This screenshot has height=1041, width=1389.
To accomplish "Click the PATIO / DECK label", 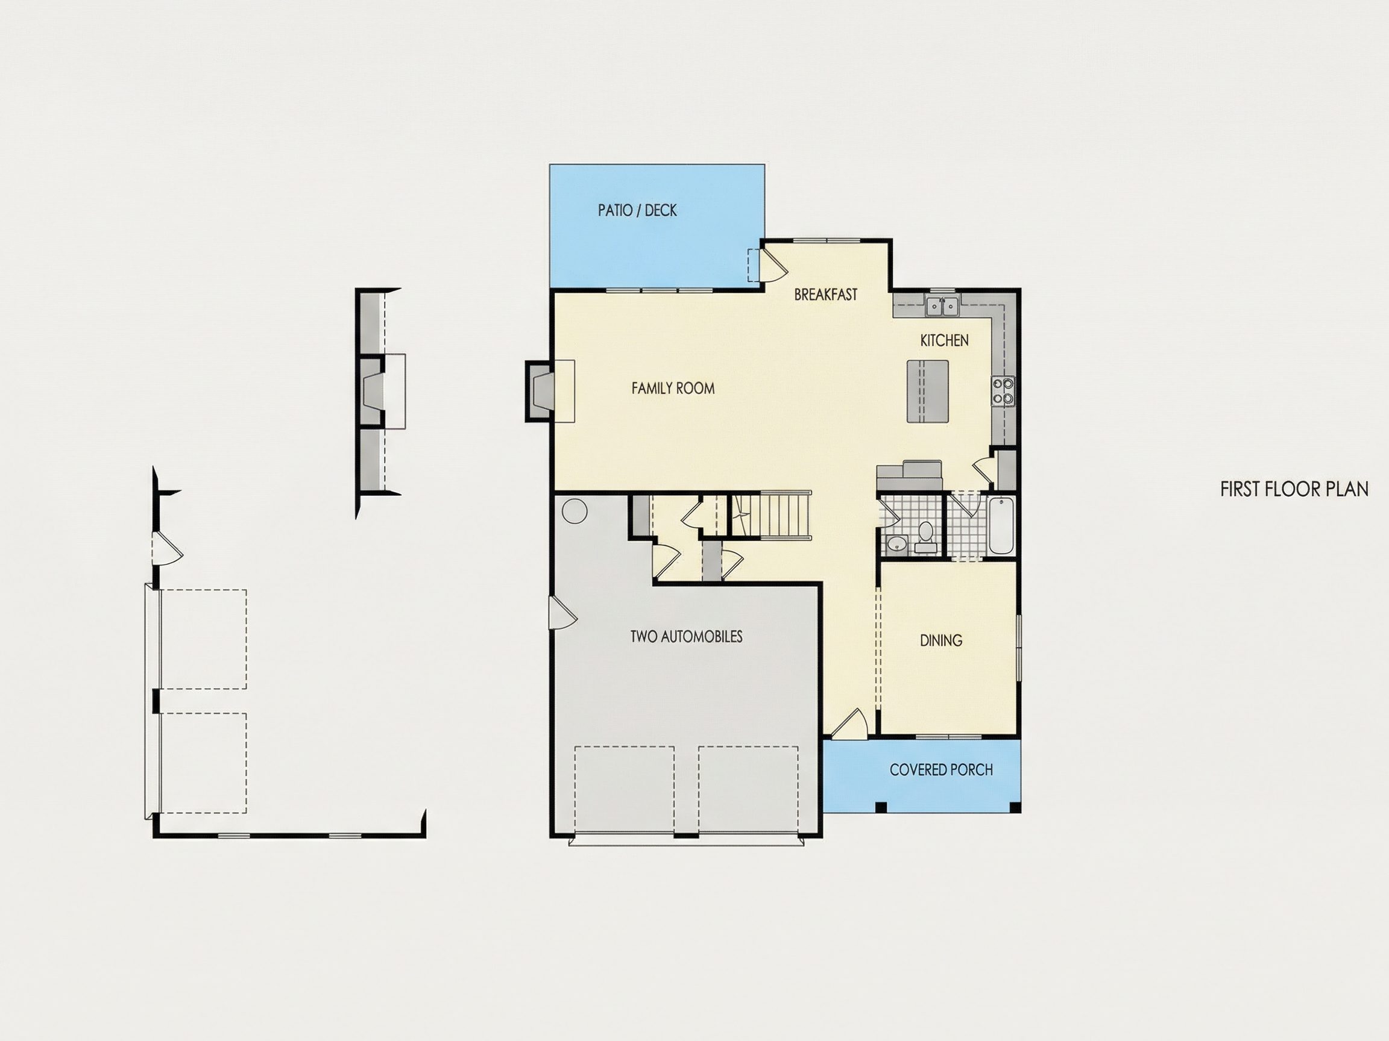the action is pyautogui.click(x=637, y=210).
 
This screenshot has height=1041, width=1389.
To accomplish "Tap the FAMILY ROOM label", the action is pyautogui.click(x=673, y=389).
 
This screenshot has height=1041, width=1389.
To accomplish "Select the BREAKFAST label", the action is pyautogui.click(x=825, y=295).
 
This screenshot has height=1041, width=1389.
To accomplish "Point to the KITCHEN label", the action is pyautogui.click(x=944, y=340).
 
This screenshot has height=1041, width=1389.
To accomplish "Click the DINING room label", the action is pyautogui.click(x=940, y=640).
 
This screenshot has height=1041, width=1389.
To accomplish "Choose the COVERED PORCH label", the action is pyautogui.click(x=940, y=770).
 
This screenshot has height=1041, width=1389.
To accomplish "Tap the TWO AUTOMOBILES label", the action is pyautogui.click(x=686, y=636).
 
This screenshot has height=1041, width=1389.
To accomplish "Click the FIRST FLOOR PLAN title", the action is pyautogui.click(x=1294, y=489).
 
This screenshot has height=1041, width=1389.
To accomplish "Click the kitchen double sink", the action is pyautogui.click(x=941, y=306).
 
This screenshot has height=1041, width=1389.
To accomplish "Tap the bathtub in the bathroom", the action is pyautogui.click(x=1001, y=526).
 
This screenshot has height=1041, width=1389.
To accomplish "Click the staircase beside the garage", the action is pyautogui.click(x=769, y=515).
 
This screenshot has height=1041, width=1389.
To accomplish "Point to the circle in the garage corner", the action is pyautogui.click(x=573, y=511).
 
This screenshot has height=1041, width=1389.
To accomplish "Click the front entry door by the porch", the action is pyautogui.click(x=849, y=722).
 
